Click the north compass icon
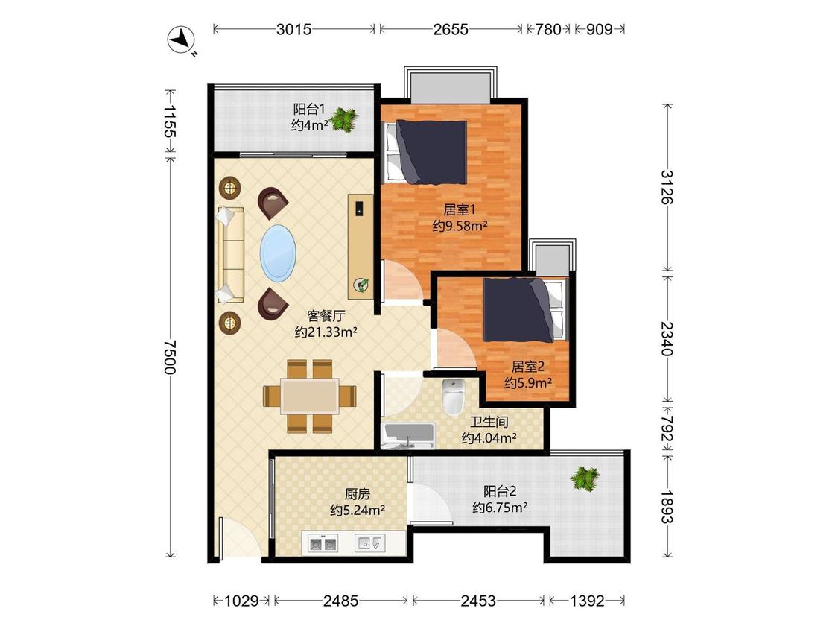click(181, 39)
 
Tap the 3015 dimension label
click(293, 29)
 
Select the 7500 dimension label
click(169, 358)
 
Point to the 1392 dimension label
click(587, 601)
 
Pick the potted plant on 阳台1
click(343, 120)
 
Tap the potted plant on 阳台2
click(585, 478)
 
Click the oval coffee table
click(278, 253)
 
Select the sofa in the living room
click(230, 255)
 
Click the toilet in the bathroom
click(453, 396)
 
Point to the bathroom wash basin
click(409, 435)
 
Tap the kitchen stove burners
click(323, 543)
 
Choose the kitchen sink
click(369, 543)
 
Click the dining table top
click(310, 396)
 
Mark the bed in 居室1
click(425, 152)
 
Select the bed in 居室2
click(523, 310)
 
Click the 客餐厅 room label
click(326, 315)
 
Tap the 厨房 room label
click(357, 493)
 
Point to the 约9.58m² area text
click(460, 226)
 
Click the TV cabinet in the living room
click(361, 247)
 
